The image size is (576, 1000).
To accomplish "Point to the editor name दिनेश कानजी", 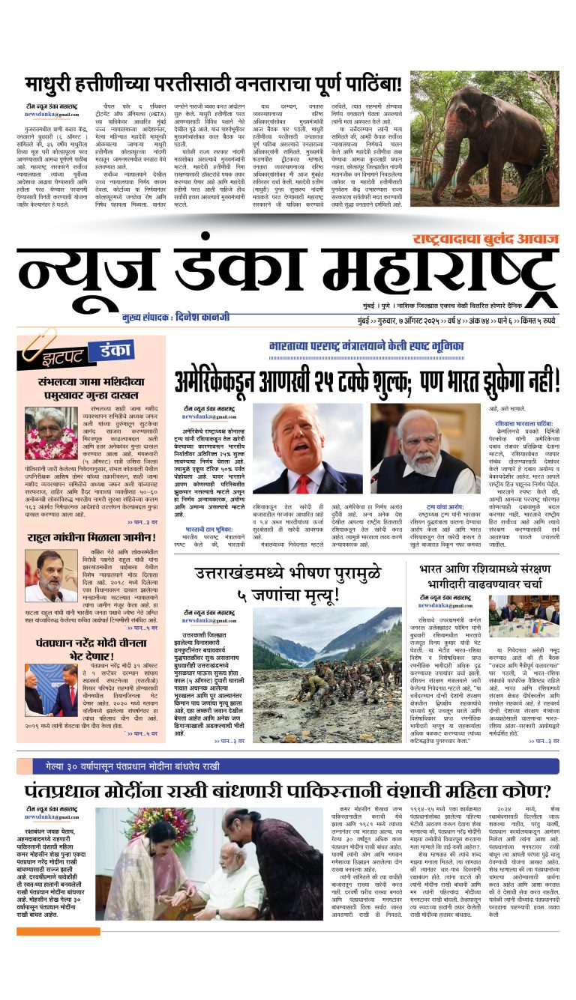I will [x=223, y=318].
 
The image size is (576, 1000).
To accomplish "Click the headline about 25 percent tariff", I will [x=367, y=379].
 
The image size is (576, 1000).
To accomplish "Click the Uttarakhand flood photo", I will [x=328, y=664].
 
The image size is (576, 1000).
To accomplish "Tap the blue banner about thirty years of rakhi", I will [x=287, y=766].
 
